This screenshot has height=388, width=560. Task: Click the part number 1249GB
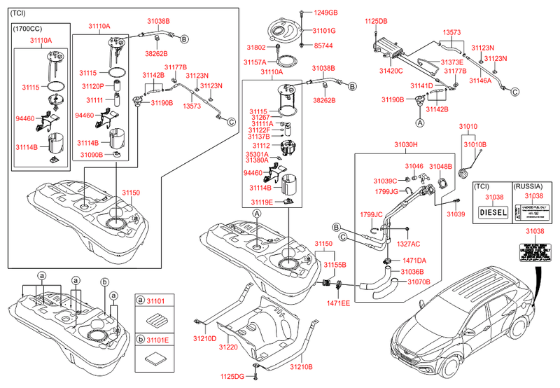click(x=325, y=13)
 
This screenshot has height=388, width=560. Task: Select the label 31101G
click(x=325, y=31)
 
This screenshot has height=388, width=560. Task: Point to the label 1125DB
click(x=376, y=22)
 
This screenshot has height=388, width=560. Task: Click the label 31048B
click(x=441, y=166)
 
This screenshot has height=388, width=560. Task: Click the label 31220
click(x=228, y=347)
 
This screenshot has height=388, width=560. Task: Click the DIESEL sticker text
click(x=491, y=212)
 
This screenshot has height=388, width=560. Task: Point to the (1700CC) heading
click(x=29, y=29)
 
